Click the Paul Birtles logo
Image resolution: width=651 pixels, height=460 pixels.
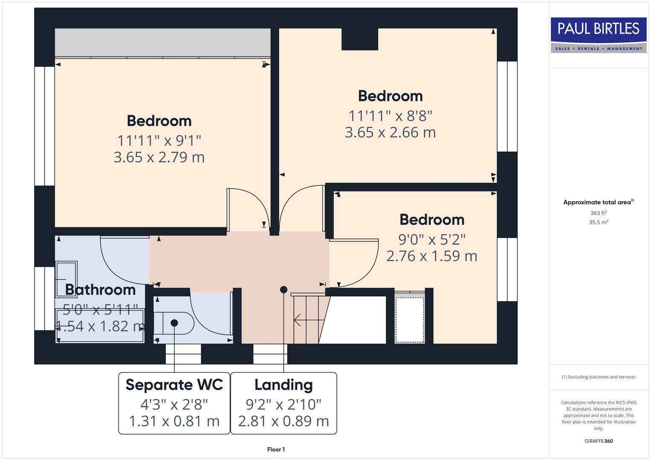(598, 34)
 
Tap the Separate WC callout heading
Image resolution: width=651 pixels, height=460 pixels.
(174, 385)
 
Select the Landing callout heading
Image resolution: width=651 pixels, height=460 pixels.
(284, 385)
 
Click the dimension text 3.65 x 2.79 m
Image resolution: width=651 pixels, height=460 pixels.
(159, 157)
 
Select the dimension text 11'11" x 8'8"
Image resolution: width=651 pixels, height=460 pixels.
(390, 115)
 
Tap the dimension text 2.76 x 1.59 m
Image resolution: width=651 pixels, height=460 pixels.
(431, 256)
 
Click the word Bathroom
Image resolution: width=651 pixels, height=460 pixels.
(100, 290)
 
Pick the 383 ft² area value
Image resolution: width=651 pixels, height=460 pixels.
(598, 213)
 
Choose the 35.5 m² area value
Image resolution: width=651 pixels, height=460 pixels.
(598, 222)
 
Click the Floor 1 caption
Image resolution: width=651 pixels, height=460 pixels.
(276, 449)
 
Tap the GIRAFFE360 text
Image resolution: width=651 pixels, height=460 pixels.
(598, 441)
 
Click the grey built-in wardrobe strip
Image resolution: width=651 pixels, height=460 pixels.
(162, 43)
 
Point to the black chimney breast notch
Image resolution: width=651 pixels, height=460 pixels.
(360, 39)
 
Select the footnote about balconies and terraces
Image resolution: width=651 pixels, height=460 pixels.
(598, 377)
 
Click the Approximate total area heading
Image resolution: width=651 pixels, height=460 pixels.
(598, 202)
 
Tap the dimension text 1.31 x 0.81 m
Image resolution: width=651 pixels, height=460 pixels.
(174, 421)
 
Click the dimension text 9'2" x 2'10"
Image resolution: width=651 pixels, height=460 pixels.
(284, 404)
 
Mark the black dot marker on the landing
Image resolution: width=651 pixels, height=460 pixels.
(284, 290)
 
